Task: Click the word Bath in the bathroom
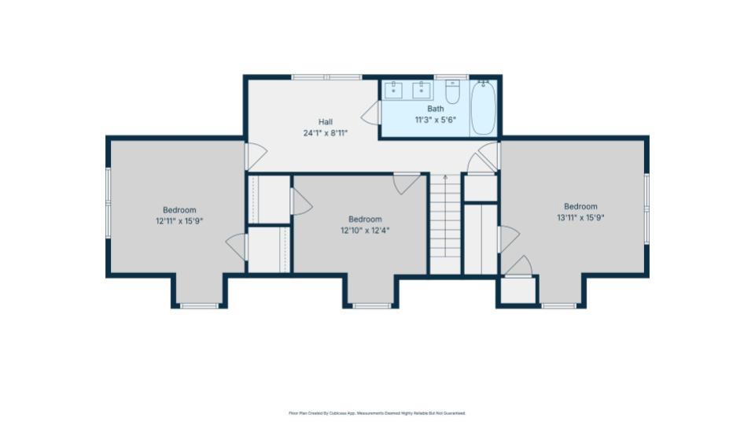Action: tap(435, 109)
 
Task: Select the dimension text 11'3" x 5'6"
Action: tap(435, 120)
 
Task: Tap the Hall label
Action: tap(325, 122)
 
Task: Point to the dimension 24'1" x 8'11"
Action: tap(325, 133)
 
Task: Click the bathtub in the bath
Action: tap(483, 108)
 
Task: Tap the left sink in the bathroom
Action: tap(394, 90)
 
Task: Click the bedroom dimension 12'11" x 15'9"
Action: tap(179, 221)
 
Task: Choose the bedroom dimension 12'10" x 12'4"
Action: tap(365, 231)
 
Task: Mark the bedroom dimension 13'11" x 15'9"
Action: tap(580, 218)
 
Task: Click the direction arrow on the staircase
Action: tap(444, 179)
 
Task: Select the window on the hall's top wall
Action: tap(326, 76)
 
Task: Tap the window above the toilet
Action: tap(451, 76)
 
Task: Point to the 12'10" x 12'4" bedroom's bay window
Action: tap(371, 305)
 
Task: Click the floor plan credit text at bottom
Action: tap(377, 412)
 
